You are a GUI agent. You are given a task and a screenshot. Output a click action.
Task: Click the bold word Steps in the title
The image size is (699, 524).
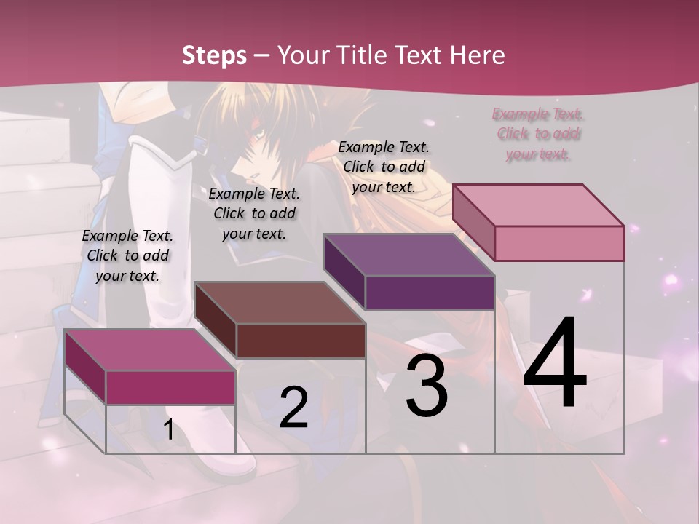point(214,55)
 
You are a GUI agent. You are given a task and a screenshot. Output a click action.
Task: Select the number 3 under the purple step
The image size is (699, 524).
point(427,385)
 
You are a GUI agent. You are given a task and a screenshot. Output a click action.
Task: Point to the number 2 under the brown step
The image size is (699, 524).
point(294,408)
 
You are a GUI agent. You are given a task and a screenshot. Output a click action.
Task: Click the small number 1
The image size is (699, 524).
point(168,430)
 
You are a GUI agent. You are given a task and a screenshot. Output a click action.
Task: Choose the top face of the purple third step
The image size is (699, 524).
point(409,255)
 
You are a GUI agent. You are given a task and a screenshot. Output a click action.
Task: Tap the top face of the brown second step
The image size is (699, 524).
point(280,303)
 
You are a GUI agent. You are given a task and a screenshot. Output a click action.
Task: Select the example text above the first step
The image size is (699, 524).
point(127,255)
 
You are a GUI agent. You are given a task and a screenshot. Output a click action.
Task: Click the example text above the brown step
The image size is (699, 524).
point(254,213)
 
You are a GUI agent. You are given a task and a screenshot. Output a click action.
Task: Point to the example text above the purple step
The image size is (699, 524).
point(384,167)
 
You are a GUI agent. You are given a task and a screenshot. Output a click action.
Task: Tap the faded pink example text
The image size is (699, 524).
point(538,134)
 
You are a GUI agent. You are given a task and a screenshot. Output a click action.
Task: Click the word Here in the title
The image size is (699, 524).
point(478,55)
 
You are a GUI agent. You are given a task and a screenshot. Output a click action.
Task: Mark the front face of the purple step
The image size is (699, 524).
point(430,293)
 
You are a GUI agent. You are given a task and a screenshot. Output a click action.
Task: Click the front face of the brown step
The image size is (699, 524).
point(301,341)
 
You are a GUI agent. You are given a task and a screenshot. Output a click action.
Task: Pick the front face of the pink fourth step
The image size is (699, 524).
point(559,243)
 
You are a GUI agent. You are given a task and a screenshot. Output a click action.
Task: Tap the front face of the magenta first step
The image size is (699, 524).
point(170,387)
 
